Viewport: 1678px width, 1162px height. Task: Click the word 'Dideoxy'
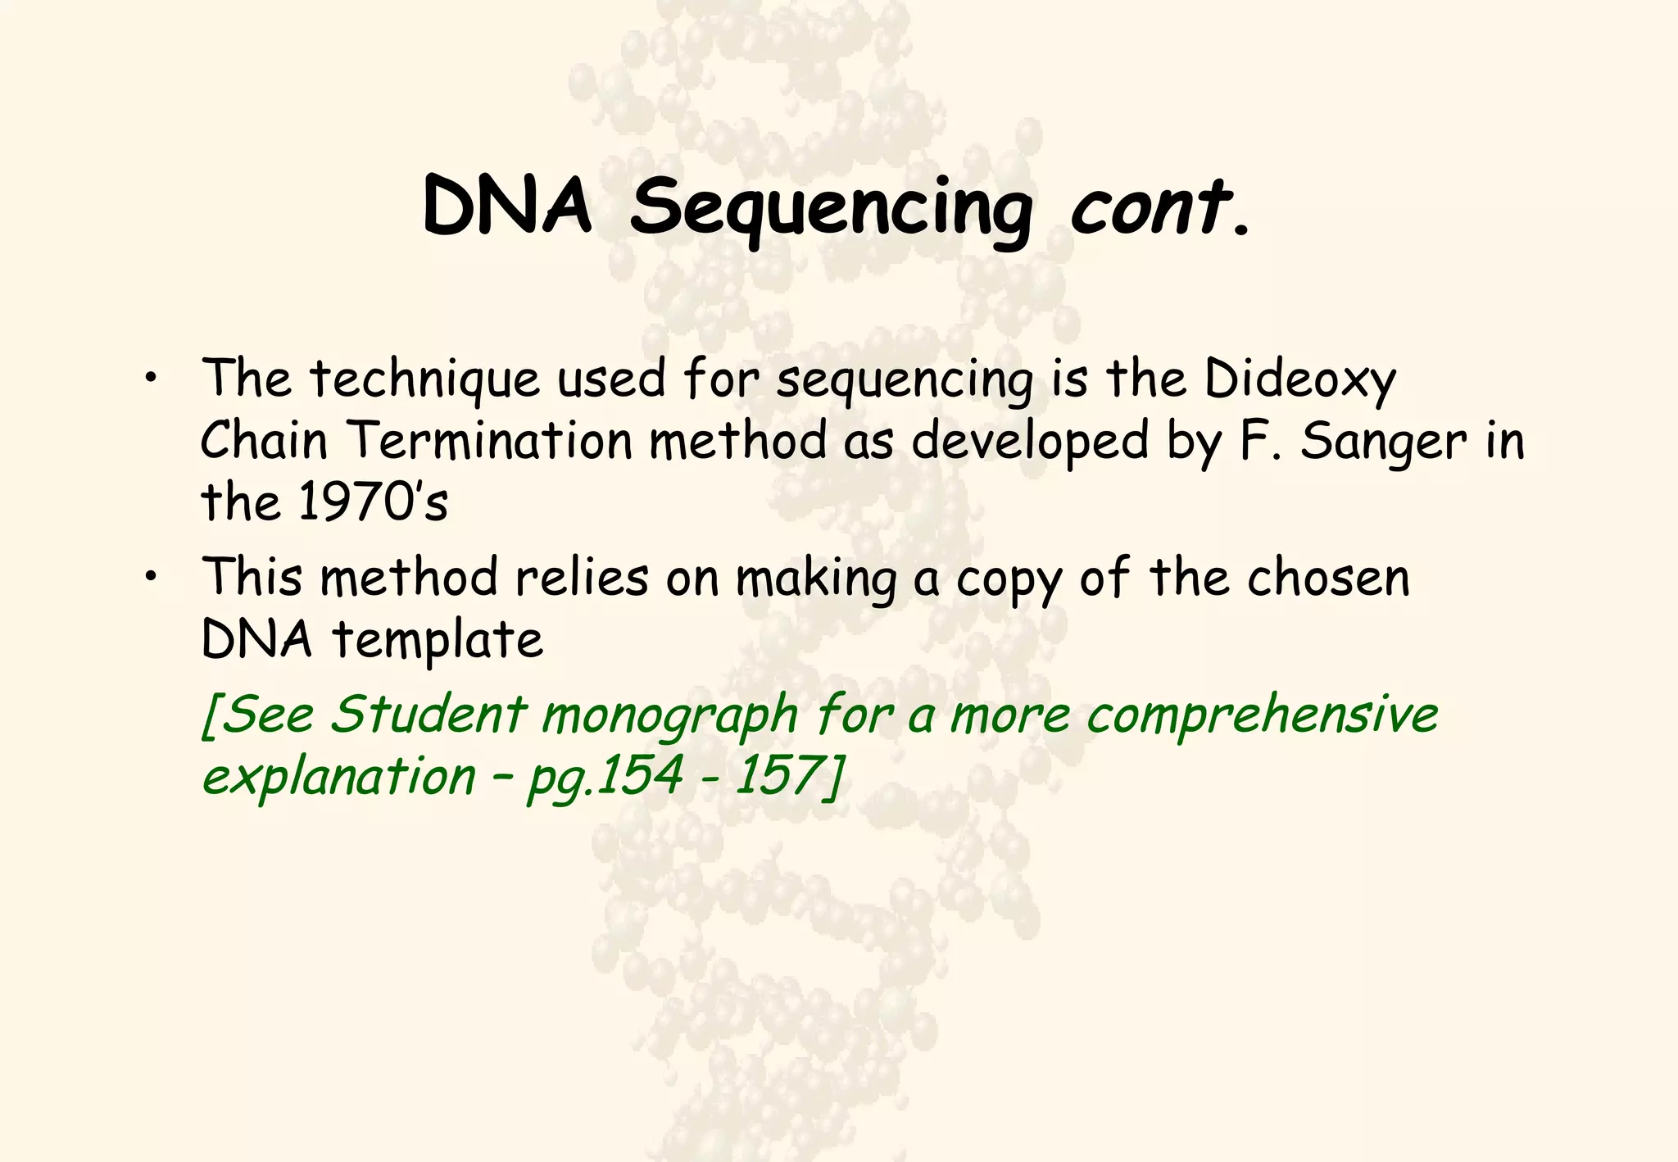click(1300, 381)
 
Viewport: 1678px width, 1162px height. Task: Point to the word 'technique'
click(425, 381)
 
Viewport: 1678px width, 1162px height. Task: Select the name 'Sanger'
click(1384, 443)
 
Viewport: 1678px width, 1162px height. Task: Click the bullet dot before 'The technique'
click(150, 379)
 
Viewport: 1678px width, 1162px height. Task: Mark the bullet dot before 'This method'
click(150, 578)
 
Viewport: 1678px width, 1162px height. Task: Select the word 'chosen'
click(1328, 578)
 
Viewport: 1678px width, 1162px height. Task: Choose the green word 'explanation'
click(338, 776)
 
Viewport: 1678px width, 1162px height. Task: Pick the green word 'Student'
click(426, 714)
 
